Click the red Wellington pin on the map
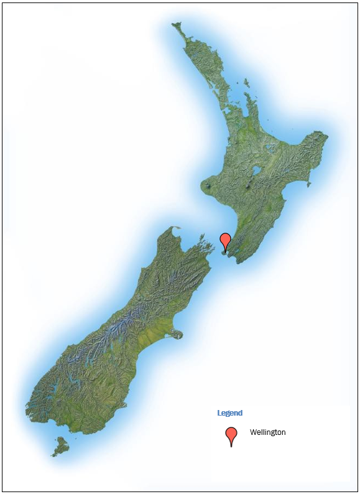[x=225, y=241]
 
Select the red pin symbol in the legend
[x=231, y=436]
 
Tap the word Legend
[x=229, y=413]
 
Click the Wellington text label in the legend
[x=267, y=432]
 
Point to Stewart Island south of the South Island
[x=60, y=445]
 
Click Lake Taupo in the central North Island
[x=256, y=170]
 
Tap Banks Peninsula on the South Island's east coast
[x=177, y=334]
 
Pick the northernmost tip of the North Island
[x=175, y=25]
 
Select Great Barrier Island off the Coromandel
[x=247, y=81]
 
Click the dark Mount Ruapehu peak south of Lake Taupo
[x=250, y=185]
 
